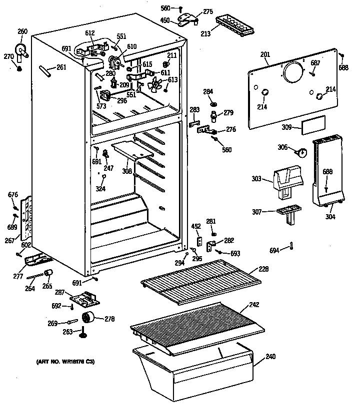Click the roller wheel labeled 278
click(x=89, y=317)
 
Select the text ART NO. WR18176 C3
click(x=65, y=361)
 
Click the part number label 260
click(x=22, y=32)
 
